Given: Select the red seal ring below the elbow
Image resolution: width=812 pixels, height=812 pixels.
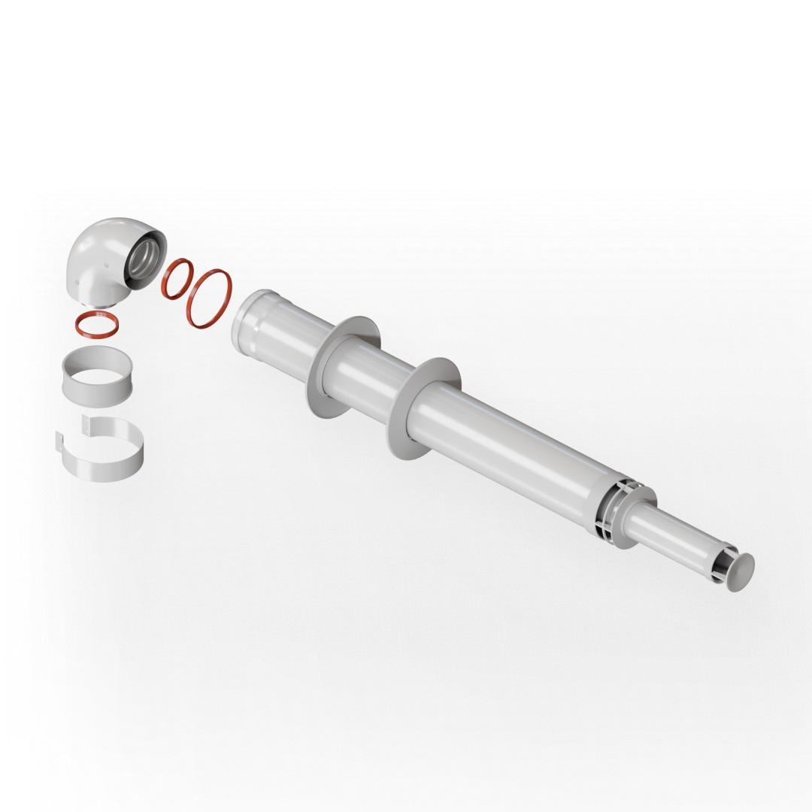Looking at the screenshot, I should (97, 324).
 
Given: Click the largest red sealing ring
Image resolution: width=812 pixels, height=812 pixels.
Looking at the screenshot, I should (209, 298).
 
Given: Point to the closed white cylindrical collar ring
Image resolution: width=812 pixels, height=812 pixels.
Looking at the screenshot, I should (96, 377).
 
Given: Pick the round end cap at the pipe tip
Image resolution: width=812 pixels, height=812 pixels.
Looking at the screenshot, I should (741, 571).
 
